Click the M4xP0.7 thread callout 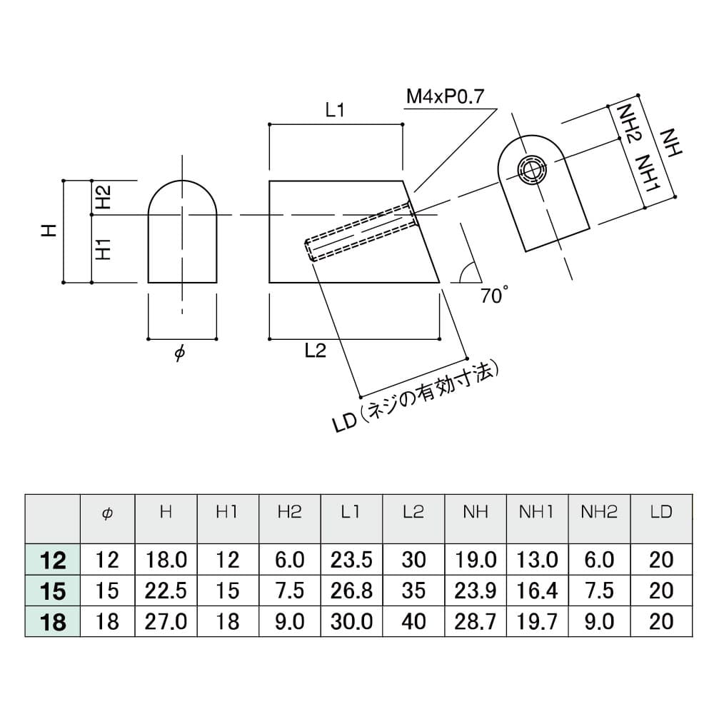[x=446, y=96]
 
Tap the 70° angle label [x=495, y=295]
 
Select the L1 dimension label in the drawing [x=336, y=109]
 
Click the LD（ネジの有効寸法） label [x=416, y=397]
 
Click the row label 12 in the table [x=54, y=560]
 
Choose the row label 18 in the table [x=54, y=622]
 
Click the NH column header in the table [x=476, y=513]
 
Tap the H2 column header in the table [x=289, y=513]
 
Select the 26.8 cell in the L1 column [x=351, y=591]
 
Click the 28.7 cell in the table [x=476, y=622]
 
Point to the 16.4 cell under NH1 [x=537, y=591]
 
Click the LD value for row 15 [x=661, y=591]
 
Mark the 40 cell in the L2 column [x=413, y=622]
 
